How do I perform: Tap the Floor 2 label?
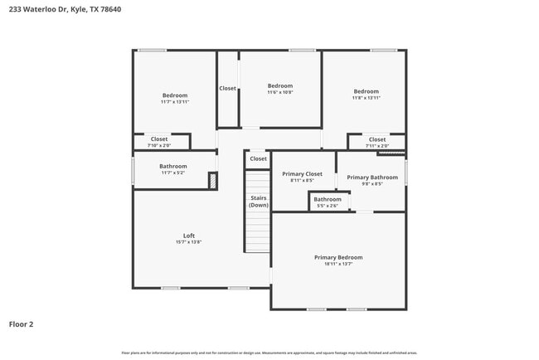(21, 324)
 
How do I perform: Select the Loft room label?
(189, 235)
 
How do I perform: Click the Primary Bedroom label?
(338, 257)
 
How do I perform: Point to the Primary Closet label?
(302, 174)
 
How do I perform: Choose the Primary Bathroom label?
(371, 178)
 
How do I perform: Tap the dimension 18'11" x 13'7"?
(338, 265)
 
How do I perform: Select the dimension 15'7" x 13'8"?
(189, 242)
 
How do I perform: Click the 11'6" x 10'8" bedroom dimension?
(280, 93)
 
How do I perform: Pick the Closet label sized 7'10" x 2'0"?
(158, 139)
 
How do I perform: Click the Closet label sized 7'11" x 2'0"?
(377, 139)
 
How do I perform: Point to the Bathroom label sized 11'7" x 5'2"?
(173, 166)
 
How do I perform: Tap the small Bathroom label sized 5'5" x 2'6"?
(327, 199)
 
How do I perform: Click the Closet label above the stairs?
(259, 158)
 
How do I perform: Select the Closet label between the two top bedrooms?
(227, 88)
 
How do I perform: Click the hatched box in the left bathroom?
(212, 181)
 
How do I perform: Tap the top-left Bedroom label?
(174, 95)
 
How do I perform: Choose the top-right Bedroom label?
(366, 91)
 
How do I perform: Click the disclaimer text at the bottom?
(269, 353)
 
